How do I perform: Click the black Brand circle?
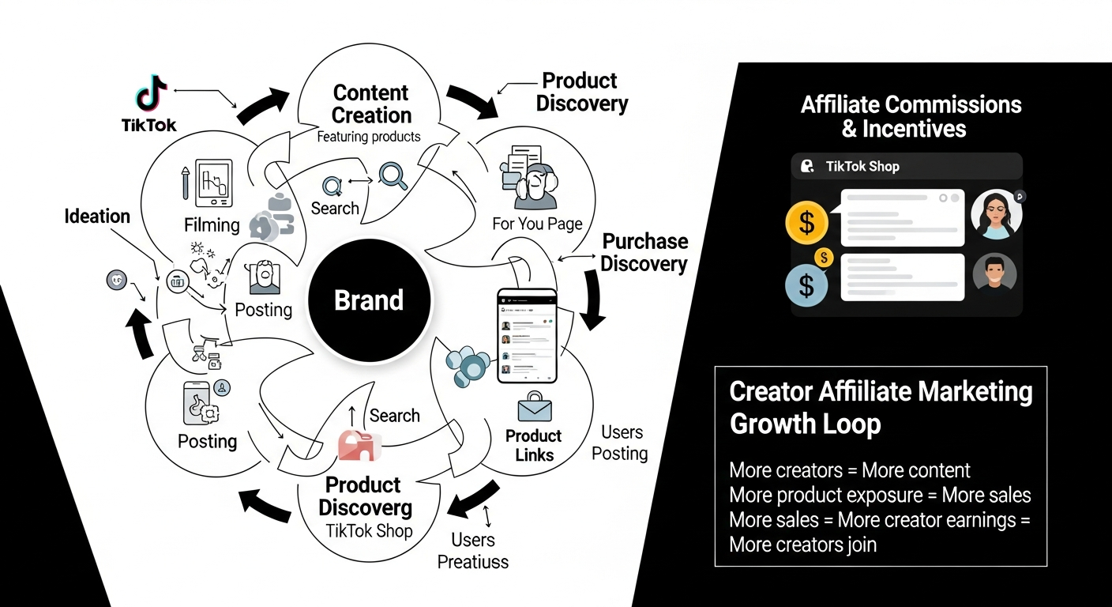point(369,301)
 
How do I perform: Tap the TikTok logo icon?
point(151,93)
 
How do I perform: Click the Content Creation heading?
point(371,104)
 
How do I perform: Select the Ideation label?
point(97,216)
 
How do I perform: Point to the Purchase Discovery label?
point(644,252)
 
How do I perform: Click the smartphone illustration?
point(527,336)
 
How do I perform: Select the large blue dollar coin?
point(806,285)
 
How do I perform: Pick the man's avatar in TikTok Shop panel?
point(994,273)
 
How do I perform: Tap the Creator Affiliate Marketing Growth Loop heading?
point(881,407)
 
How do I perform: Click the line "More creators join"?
point(802,544)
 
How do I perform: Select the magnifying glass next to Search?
point(393,175)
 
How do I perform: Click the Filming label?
point(212,225)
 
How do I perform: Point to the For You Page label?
point(537,224)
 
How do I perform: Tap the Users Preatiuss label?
point(473,551)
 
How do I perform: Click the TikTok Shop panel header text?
point(862,166)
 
